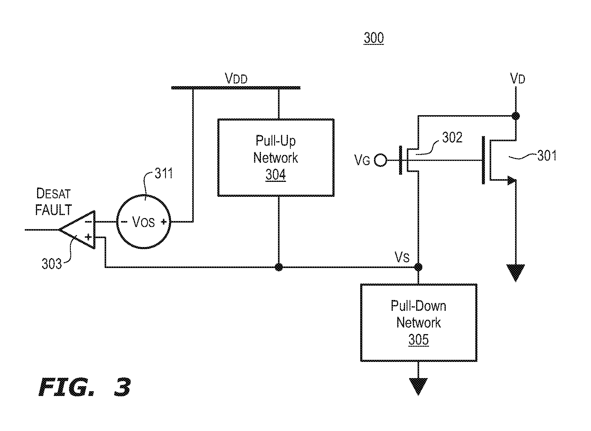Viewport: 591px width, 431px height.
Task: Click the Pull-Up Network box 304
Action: click(276, 158)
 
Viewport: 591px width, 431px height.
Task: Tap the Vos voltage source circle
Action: click(143, 221)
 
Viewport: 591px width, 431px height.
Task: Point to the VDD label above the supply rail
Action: click(236, 79)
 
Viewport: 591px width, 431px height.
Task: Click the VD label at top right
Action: click(518, 79)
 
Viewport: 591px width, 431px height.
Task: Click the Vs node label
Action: click(402, 257)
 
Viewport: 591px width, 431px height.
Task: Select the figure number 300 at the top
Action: click(374, 38)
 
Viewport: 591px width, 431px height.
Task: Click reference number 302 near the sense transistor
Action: click(452, 138)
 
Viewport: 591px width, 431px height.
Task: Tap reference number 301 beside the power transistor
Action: click(547, 156)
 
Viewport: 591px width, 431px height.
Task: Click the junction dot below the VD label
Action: click(516, 116)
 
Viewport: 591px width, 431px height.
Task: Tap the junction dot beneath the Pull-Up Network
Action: click(279, 267)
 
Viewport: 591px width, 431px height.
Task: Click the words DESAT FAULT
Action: click(54, 202)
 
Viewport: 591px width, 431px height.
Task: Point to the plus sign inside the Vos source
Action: click(164, 222)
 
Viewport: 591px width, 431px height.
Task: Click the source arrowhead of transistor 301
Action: click(511, 180)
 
